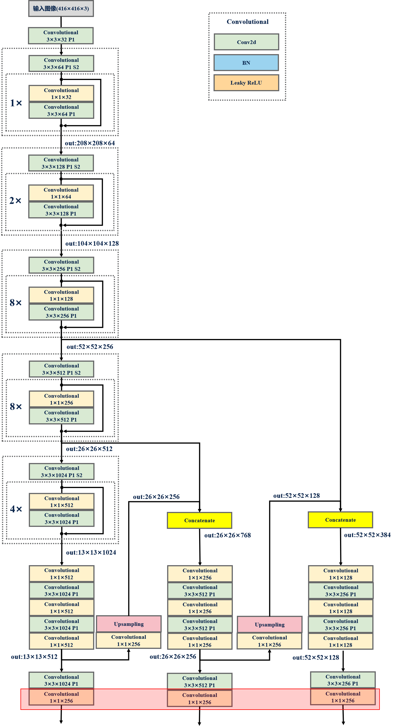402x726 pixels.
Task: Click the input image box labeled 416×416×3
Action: (61, 9)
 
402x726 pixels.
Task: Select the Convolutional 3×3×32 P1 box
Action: (61, 36)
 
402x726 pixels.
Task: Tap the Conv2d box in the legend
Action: (246, 42)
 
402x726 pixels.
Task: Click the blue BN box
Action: (246, 63)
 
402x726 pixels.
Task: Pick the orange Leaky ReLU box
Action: (246, 83)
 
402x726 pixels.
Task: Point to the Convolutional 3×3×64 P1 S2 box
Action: (61, 64)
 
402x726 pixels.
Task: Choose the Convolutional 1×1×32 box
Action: (61, 94)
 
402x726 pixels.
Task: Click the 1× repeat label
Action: (16, 103)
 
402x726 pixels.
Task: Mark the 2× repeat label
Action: (16, 201)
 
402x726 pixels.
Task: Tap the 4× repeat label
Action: (16, 509)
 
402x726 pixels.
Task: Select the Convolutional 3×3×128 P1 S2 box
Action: (61, 163)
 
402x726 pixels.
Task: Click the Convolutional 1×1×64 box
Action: (61, 193)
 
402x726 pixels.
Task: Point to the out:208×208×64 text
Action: (90, 143)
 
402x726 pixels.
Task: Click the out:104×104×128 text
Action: (92, 243)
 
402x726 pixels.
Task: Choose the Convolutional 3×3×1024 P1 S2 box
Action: (62, 472)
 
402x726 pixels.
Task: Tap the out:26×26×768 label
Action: (228, 535)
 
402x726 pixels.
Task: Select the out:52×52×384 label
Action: (367, 535)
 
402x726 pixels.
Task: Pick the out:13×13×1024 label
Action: (91, 552)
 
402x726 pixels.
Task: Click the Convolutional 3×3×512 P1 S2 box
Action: (61, 369)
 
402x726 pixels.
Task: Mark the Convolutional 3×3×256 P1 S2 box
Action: (61, 265)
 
